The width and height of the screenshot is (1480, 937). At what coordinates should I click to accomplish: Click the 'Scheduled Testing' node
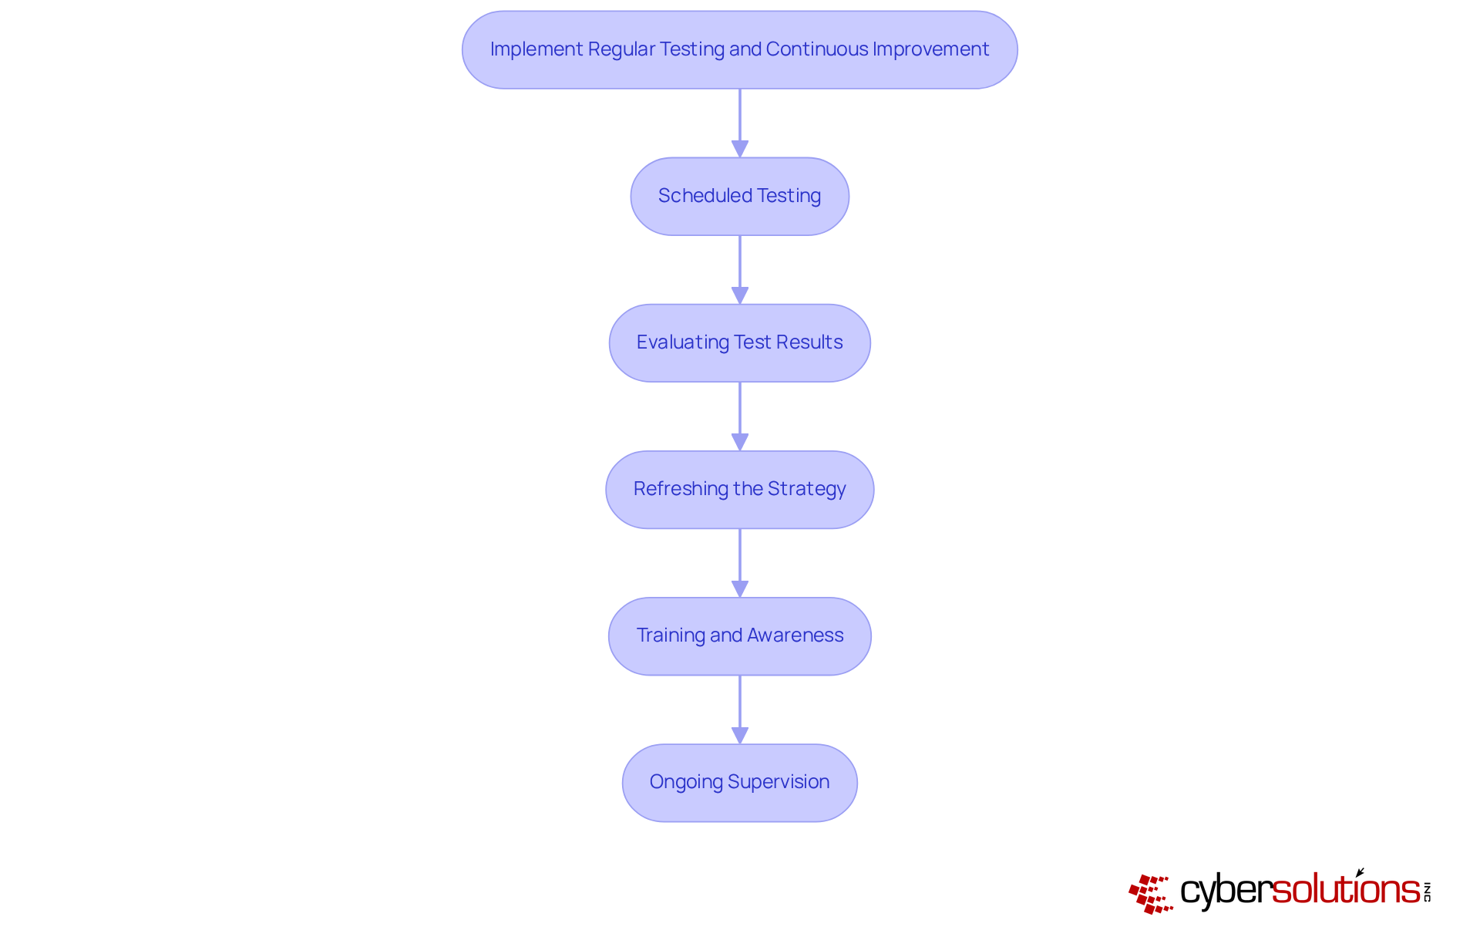coord(740,197)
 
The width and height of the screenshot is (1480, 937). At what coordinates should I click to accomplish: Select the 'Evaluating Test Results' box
coord(740,343)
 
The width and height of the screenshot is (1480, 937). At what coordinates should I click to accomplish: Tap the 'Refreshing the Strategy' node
coord(740,490)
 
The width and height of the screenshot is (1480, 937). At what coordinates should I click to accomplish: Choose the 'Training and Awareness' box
coord(740,636)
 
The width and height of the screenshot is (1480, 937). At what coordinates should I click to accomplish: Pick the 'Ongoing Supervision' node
coord(740,783)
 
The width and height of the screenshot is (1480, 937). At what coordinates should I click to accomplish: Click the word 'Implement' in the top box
coord(536,49)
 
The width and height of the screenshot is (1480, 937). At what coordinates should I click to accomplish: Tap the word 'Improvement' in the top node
coord(931,49)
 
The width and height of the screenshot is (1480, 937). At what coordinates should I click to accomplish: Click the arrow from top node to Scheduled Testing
coord(740,123)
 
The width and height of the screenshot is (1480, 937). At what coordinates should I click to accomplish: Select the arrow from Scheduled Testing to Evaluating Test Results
coord(740,270)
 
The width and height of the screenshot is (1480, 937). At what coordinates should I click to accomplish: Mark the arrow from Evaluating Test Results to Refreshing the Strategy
coord(740,416)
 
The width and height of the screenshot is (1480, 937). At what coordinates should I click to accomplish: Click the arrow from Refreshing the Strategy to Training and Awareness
coord(740,563)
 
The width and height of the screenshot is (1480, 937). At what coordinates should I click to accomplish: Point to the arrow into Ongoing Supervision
coord(740,709)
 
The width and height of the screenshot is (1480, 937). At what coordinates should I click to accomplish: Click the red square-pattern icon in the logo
coord(1151,894)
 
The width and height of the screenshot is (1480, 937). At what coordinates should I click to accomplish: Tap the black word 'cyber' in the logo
coord(1226,891)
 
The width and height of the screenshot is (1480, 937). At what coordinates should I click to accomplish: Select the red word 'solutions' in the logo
coord(1346,888)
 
